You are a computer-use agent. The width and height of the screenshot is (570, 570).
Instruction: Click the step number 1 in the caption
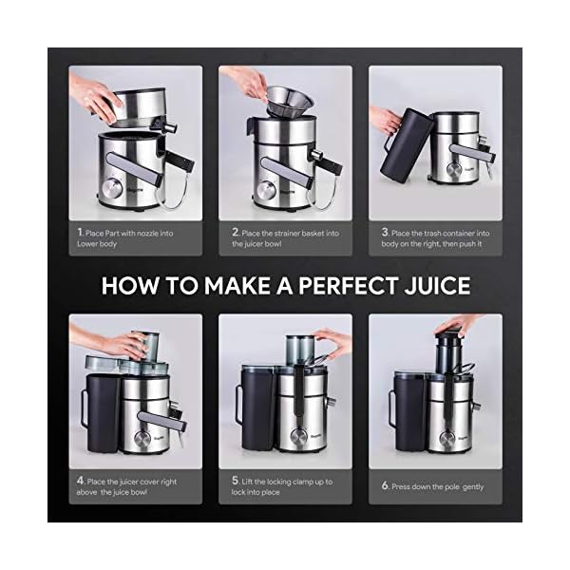pyautogui.click(x=79, y=231)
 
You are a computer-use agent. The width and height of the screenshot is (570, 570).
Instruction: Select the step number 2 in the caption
pyautogui.click(x=235, y=231)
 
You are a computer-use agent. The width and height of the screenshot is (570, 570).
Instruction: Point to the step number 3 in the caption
pyautogui.click(x=385, y=231)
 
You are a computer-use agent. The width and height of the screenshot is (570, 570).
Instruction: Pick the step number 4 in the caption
pyautogui.click(x=80, y=482)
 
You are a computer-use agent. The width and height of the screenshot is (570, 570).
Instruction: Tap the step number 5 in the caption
pyautogui.click(x=235, y=482)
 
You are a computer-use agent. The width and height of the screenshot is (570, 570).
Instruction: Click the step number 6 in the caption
pyautogui.click(x=385, y=486)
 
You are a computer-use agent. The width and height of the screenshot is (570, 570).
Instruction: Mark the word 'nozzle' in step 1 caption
pyautogui.click(x=164, y=231)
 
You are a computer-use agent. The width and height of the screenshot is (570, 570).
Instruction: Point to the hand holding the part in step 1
pyautogui.click(x=95, y=95)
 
